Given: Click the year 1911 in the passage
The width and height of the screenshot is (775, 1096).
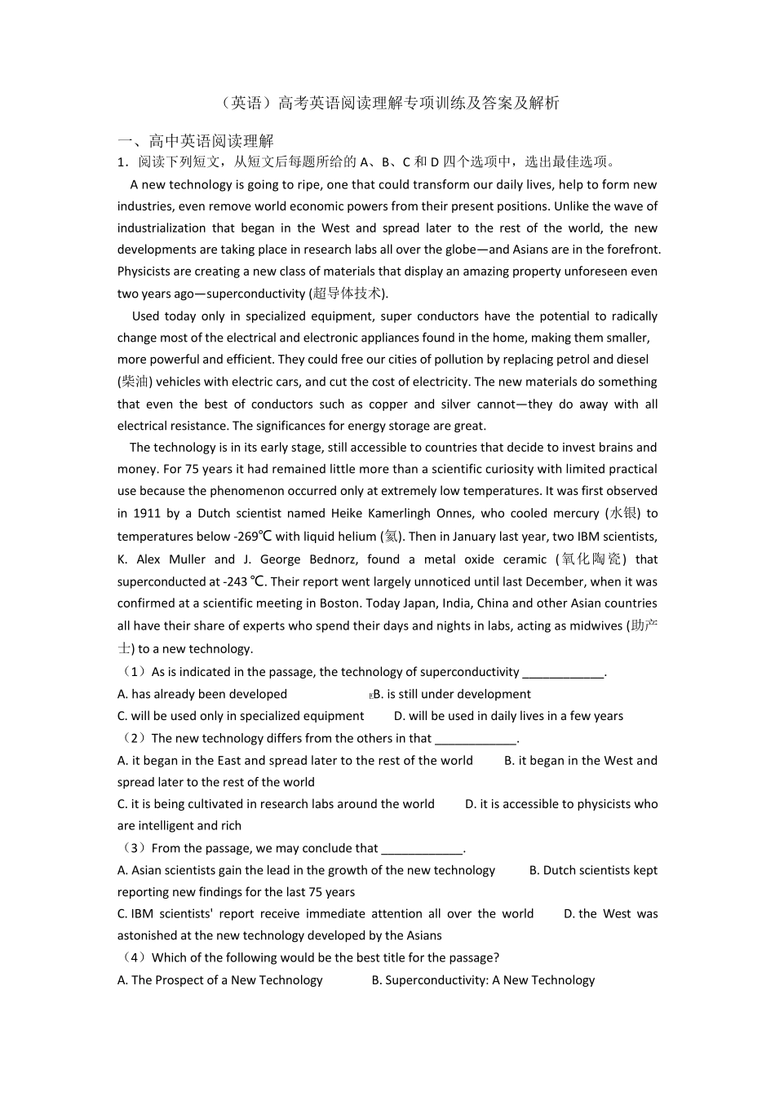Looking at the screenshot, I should coord(146,513).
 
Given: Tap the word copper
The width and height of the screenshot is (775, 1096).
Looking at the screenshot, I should coord(388,404).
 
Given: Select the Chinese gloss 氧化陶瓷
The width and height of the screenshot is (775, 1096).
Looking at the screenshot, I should coord(591,559).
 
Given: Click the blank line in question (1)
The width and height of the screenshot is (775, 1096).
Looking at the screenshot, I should coord(563,672).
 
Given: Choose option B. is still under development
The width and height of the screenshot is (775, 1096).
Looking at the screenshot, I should coord(452,694).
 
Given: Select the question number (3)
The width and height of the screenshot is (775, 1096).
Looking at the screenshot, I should coord(133,848).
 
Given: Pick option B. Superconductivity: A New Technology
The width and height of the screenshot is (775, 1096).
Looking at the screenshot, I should coord(483,980).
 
